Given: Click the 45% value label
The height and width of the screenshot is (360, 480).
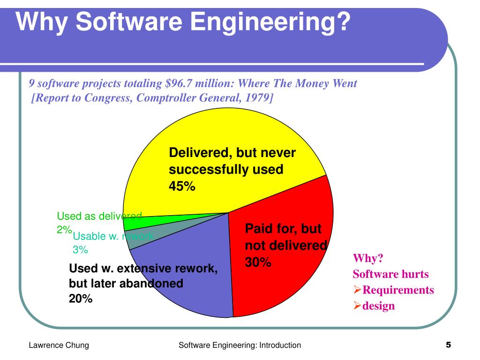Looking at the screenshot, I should pos(182,186).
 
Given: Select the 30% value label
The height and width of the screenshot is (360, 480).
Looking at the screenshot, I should pos(258,262).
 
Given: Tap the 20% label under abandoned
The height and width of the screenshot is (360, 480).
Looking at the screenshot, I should pos(81,299).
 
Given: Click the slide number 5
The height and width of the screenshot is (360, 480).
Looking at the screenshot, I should pos(448,345).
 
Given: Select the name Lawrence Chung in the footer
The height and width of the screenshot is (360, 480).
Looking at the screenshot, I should pos(59,345).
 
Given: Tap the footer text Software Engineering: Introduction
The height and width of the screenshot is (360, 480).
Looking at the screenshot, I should pos(240,345).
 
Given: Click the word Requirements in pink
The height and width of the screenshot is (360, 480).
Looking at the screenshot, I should pos(398,290).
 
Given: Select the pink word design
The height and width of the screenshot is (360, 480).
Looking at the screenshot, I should pos(379,306).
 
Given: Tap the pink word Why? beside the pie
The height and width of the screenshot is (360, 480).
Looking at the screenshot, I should pos(368,258).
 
